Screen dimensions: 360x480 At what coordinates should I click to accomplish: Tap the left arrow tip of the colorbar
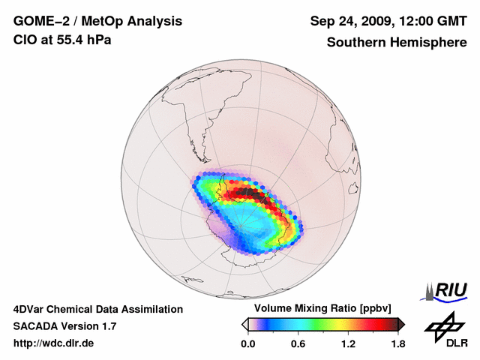pyautogui.click(x=244, y=324)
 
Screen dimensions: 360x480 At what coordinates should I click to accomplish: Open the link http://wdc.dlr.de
pyautogui.click(x=54, y=343)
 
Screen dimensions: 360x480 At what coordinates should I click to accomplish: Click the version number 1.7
pyautogui.click(x=108, y=326)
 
